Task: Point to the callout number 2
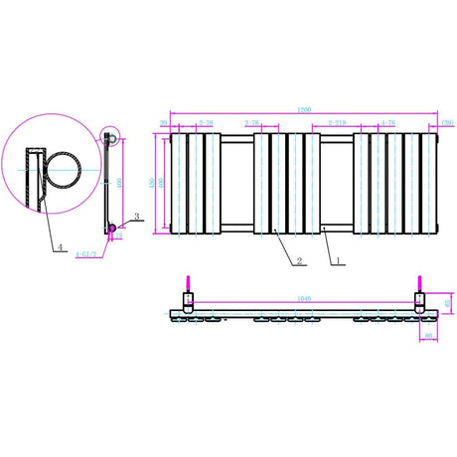(x=298, y=262)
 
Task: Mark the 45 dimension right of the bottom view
(x=448, y=302)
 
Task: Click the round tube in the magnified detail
(x=64, y=173)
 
